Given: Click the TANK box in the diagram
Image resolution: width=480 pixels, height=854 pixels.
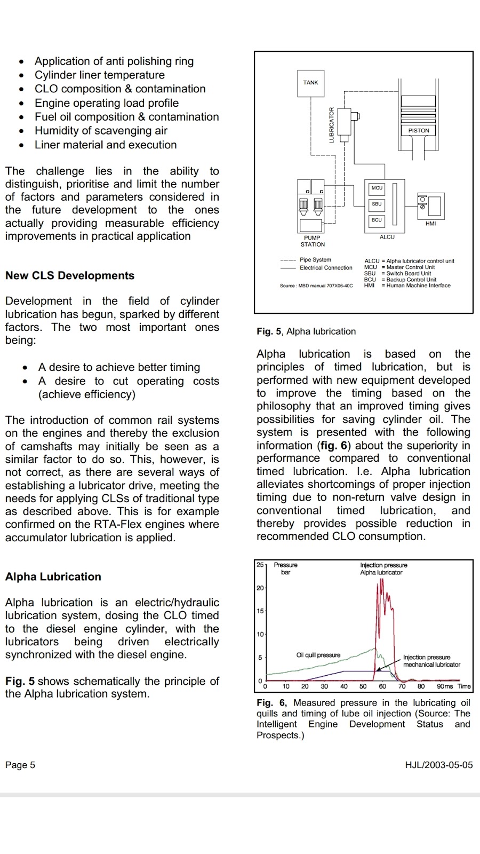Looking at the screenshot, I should click(x=310, y=83).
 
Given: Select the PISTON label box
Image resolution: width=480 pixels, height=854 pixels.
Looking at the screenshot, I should click(x=419, y=130).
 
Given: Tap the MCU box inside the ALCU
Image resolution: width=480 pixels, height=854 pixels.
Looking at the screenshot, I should click(x=377, y=188).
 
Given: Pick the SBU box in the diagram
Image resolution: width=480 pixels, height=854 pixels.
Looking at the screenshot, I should click(x=377, y=204).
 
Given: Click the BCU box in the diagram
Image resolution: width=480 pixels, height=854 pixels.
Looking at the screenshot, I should click(x=377, y=220).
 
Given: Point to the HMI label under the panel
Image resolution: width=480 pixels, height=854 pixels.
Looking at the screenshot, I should click(x=430, y=224).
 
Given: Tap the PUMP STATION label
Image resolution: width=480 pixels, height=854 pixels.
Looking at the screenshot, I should click(x=313, y=241).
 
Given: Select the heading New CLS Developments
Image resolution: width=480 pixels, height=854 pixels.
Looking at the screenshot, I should click(x=70, y=276).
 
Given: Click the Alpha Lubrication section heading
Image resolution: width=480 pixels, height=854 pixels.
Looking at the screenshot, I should click(x=53, y=577).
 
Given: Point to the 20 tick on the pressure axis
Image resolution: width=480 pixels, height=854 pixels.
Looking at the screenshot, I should click(x=260, y=588).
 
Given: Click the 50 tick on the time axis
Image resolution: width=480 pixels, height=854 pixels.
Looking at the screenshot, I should click(x=363, y=686).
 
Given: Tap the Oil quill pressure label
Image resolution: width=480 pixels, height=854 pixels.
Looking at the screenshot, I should click(x=318, y=655).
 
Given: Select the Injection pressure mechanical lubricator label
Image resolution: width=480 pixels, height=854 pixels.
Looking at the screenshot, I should click(x=431, y=661).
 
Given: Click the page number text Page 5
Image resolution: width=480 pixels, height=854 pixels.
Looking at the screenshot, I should click(x=20, y=765).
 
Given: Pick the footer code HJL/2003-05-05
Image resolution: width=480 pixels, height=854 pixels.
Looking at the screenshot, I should click(x=439, y=765).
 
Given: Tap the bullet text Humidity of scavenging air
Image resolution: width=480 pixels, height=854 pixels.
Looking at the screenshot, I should click(x=101, y=131).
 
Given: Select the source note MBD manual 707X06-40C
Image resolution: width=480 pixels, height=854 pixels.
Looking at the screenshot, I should click(x=316, y=286).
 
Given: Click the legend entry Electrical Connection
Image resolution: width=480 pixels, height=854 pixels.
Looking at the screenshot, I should click(x=326, y=268).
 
